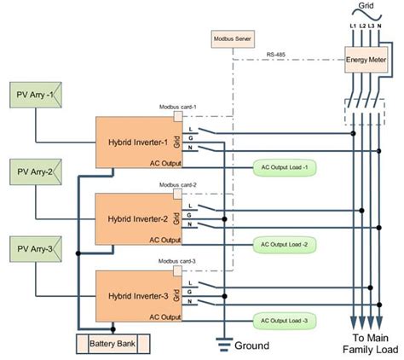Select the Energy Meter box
[366, 61]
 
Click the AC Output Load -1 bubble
[285, 167]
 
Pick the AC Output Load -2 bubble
[285, 244]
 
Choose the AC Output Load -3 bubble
[285, 321]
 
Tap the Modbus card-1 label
[177, 107]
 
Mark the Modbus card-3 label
[177, 260]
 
